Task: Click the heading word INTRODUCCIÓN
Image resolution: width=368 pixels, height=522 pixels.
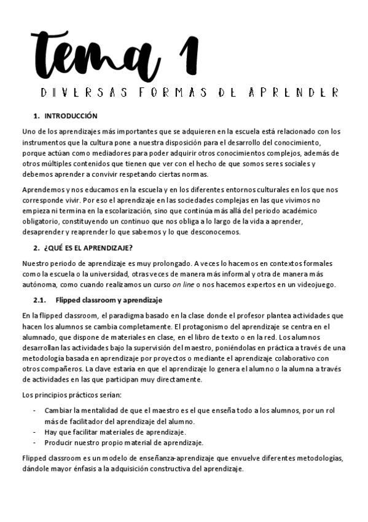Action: (71, 116)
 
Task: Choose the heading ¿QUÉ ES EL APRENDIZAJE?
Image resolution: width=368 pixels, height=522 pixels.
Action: (84, 248)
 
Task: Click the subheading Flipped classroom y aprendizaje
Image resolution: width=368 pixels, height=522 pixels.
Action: (108, 300)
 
